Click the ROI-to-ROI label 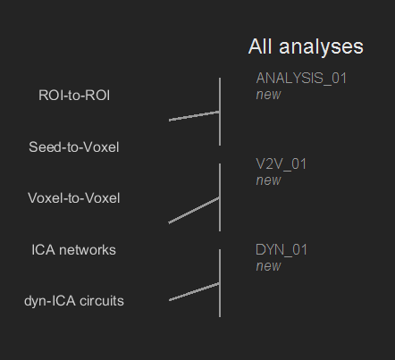click(x=74, y=95)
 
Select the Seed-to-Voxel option click(x=74, y=147)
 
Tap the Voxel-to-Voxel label click(x=74, y=198)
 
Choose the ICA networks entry click(x=74, y=250)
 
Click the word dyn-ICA click(x=50, y=301)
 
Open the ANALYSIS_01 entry click(x=301, y=78)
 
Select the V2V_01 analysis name click(x=282, y=163)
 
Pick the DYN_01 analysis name click(x=282, y=250)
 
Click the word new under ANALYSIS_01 click(x=268, y=94)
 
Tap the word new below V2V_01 click(x=268, y=180)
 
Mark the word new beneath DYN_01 click(x=268, y=266)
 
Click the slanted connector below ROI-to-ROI click(x=194, y=115)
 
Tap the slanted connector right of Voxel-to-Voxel click(x=193, y=210)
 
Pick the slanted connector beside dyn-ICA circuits click(x=194, y=292)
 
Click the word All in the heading click(x=261, y=46)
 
